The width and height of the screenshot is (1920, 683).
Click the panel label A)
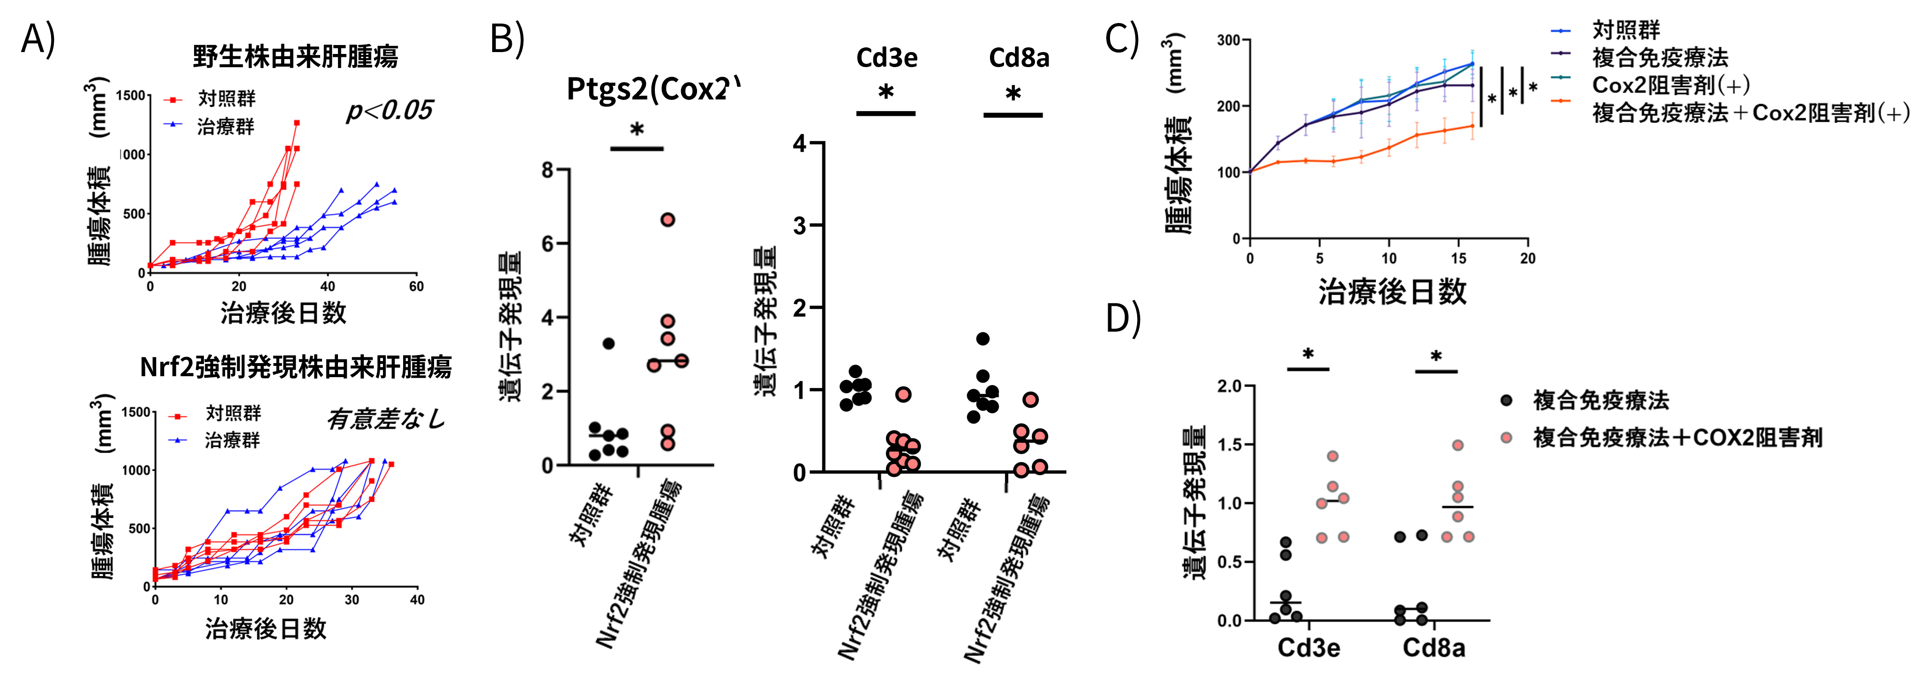pyautogui.click(x=38, y=39)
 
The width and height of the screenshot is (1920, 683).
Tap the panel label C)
pyautogui.click(x=1122, y=39)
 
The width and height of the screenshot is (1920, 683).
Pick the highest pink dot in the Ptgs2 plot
pyautogui.click(x=668, y=219)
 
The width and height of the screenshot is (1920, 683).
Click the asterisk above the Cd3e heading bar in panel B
pyautogui.click(x=885, y=94)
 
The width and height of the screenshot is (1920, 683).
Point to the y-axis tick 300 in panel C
pyautogui.click(x=1228, y=40)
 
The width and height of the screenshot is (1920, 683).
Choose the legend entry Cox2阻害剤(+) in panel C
pyautogui.click(x=1670, y=85)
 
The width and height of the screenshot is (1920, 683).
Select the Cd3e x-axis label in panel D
pyautogui.click(x=1308, y=648)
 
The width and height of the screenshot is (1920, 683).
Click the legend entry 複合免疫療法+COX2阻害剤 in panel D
pyautogui.click(x=1677, y=438)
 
